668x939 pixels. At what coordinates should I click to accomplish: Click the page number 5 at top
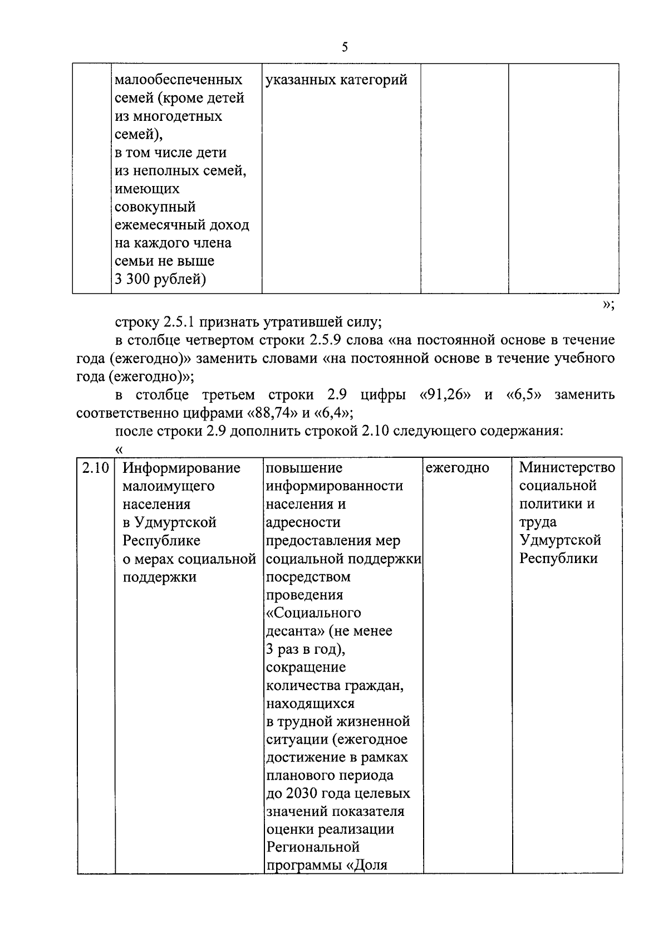(x=345, y=47)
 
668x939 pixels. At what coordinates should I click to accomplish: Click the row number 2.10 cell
(x=95, y=468)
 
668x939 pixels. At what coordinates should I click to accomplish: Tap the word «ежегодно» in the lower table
(x=458, y=468)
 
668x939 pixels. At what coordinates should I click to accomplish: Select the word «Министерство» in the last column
(x=567, y=467)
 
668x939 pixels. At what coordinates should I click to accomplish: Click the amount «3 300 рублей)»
(x=160, y=279)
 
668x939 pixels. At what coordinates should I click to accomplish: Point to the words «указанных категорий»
(x=337, y=80)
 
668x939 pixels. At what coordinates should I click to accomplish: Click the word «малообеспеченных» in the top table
(x=178, y=80)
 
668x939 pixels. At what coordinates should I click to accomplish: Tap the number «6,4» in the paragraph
(x=332, y=413)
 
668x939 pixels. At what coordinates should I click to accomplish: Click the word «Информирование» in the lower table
(x=181, y=468)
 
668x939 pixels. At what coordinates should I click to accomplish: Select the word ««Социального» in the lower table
(x=313, y=613)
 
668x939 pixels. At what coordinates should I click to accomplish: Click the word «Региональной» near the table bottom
(x=313, y=847)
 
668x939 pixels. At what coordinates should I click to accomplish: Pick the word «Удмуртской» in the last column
(x=560, y=540)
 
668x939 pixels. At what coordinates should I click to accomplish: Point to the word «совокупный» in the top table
(x=155, y=207)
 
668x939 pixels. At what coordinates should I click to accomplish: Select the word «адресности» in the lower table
(x=303, y=522)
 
